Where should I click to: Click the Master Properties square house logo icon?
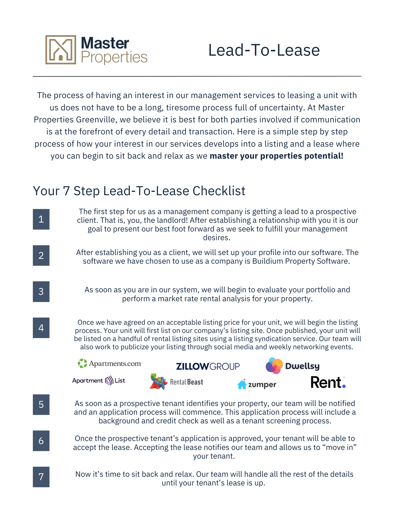tap(61, 50)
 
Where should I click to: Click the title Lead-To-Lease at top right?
tap(264, 50)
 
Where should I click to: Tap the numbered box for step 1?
tap(41, 219)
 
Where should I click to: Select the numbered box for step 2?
tap(41, 255)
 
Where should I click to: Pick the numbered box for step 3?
tap(41, 292)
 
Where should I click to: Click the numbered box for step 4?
tap(41, 328)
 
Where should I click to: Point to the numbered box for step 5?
tap(41, 404)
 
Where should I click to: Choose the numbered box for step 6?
tap(41, 441)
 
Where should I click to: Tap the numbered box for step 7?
tap(41, 477)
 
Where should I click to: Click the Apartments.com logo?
tap(110, 363)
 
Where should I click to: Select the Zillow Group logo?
tap(208, 366)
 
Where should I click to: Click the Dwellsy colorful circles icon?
tap(274, 366)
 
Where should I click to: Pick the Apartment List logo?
tap(99, 381)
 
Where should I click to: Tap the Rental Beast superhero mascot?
tap(158, 382)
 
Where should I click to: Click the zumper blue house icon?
tap(242, 384)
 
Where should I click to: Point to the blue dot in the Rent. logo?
tap(344, 386)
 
